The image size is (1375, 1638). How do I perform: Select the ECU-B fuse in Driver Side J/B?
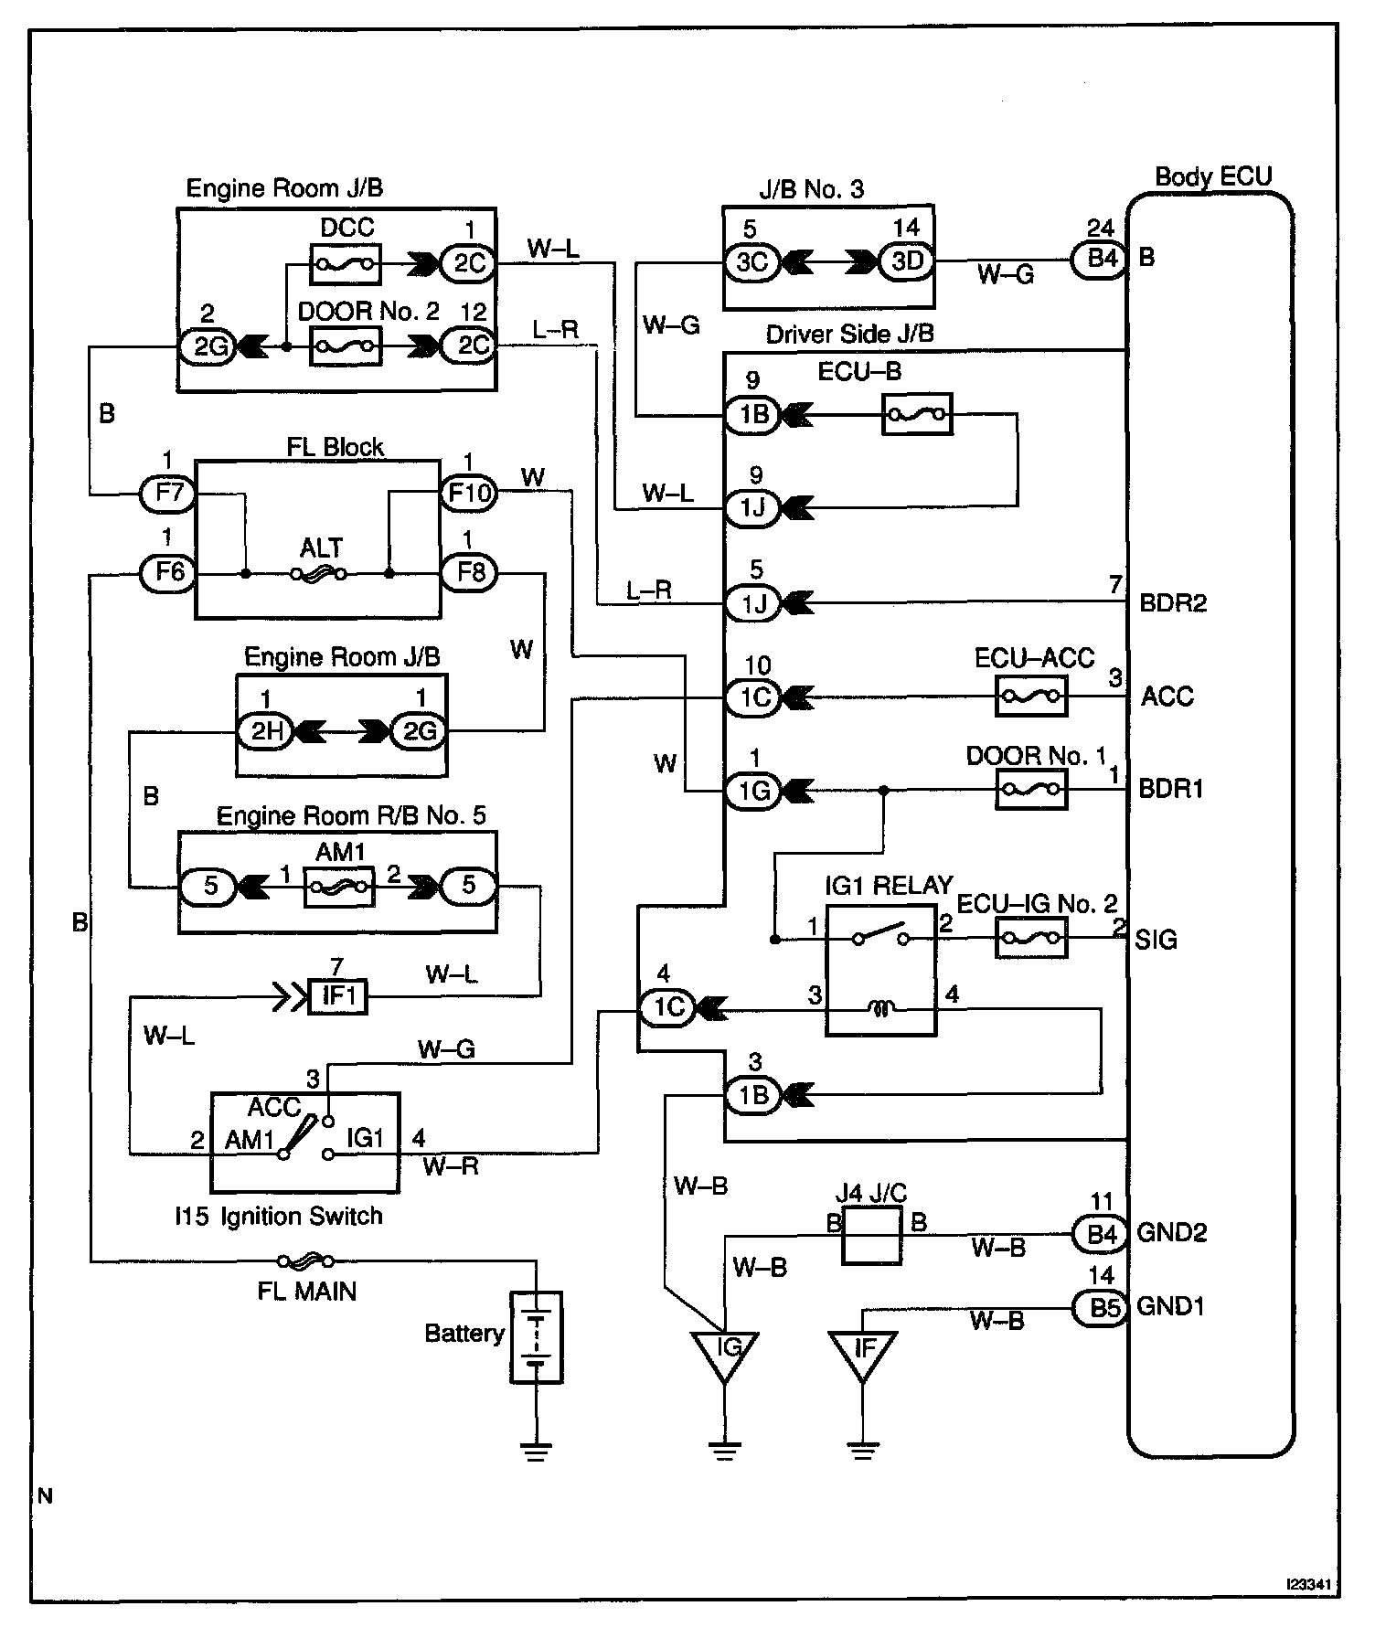[x=917, y=414]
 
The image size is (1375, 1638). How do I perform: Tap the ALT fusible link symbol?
[x=318, y=574]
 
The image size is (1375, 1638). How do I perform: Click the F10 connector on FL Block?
[x=468, y=494]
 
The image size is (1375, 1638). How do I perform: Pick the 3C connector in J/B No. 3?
[x=752, y=262]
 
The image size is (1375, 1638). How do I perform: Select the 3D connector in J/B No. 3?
[x=906, y=262]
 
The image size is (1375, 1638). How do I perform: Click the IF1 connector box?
[x=337, y=996]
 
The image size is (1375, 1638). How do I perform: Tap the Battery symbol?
[x=535, y=1336]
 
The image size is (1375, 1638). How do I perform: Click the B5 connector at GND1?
[x=1103, y=1308]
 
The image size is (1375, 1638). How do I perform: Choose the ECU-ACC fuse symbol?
[x=1030, y=697]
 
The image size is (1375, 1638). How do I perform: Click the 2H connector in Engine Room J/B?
[x=265, y=730]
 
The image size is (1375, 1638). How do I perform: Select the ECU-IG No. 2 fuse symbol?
[x=1030, y=938]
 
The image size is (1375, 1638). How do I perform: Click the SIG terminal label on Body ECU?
[x=1156, y=940]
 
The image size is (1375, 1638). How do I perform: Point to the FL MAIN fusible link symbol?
[x=302, y=1262]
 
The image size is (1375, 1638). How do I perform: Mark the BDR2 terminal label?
[x=1173, y=604]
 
